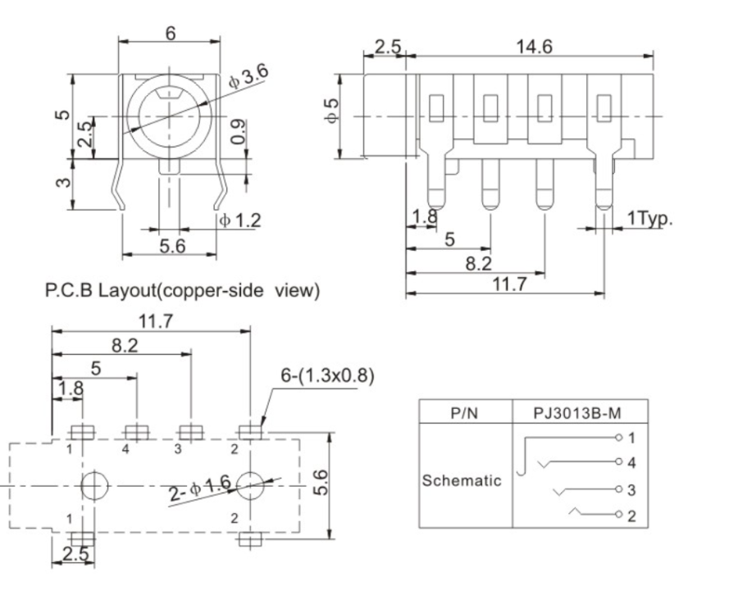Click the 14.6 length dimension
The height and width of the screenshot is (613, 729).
533,47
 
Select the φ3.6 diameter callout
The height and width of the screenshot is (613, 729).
248,77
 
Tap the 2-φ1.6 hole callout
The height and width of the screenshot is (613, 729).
198,490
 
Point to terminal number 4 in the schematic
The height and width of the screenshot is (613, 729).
631,462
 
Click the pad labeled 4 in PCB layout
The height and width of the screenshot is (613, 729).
134,432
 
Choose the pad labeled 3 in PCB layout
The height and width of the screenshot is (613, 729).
189,432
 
